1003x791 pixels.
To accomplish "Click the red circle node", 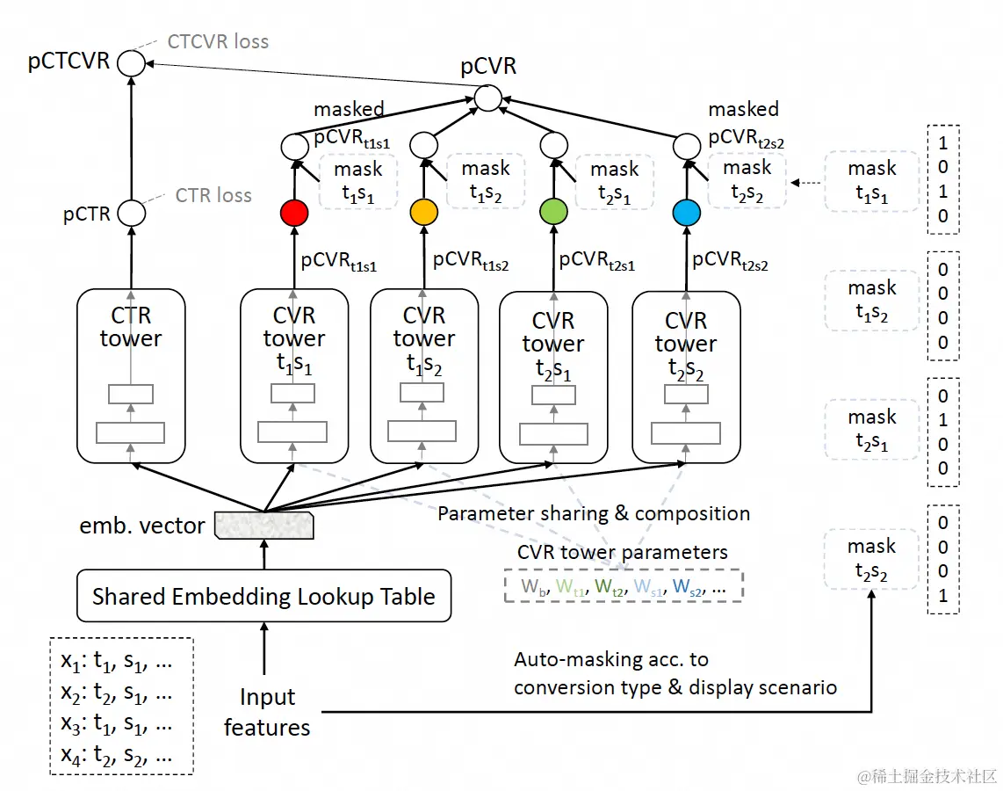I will click(x=293, y=213).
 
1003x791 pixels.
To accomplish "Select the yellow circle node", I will click(x=423, y=213).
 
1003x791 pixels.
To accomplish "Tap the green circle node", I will click(x=553, y=214).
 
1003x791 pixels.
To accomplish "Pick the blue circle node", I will click(x=685, y=213).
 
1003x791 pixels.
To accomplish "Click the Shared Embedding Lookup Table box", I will click(x=263, y=597).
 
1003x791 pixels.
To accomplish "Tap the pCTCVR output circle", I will click(x=131, y=62).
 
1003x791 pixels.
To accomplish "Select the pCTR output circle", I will click(x=131, y=213).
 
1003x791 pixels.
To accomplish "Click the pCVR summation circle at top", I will click(x=487, y=98).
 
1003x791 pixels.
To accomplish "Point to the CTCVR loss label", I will click(x=218, y=41).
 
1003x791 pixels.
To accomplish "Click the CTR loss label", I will click(x=213, y=195).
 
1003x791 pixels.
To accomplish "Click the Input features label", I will click(x=267, y=713).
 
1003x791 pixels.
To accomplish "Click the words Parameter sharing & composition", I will click(x=594, y=514).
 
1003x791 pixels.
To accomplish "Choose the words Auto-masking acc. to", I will click(x=611, y=660).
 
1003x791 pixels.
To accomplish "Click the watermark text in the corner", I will click(x=927, y=776).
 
